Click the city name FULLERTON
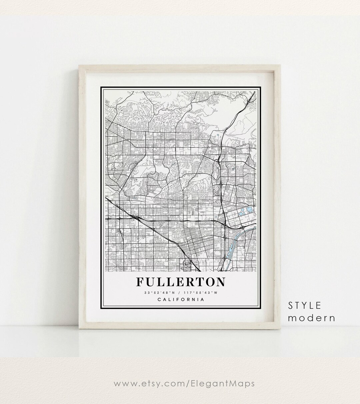[x=181, y=282]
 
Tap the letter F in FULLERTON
[x=140, y=282]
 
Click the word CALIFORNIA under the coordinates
[x=181, y=299]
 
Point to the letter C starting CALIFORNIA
[x=159, y=299]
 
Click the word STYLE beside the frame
[x=305, y=305]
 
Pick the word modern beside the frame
[x=311, y=318]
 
